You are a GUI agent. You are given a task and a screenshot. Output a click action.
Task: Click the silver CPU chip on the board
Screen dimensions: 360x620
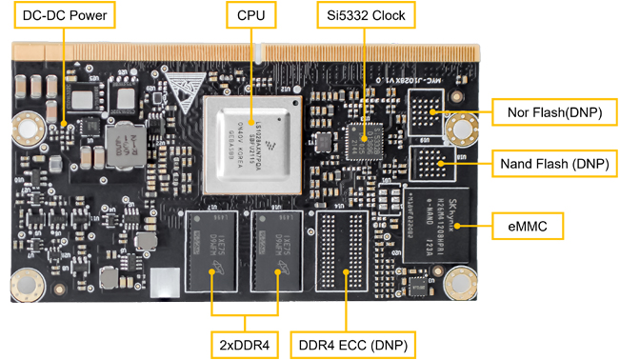[251, 137]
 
